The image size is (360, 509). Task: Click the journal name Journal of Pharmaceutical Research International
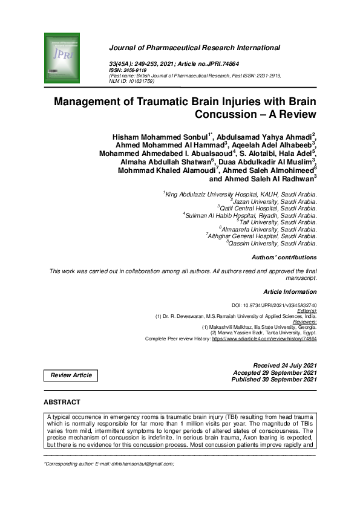click(x=194, y=48)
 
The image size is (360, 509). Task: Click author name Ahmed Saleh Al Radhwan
click(x=261, y=179)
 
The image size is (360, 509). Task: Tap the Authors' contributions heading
click(x=284, y=258)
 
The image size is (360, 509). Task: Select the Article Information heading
click(x=290, y=291)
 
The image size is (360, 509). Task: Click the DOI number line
click(x=274, y=306)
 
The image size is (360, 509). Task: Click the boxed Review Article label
click(x=71, y=375)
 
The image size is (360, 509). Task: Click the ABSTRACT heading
click(x=62, y=402)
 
